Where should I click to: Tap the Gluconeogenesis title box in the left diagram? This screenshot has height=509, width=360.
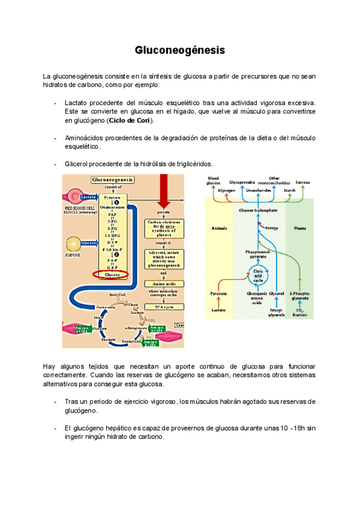[x=113, y=179]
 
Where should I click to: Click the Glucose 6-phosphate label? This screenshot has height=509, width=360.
[x=259, y=211]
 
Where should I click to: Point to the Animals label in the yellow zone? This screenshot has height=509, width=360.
[x=220, y=229]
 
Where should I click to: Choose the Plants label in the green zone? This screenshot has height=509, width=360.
[x=301, y=229]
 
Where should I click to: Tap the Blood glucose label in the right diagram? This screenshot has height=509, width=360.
[x=214, y=180]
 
